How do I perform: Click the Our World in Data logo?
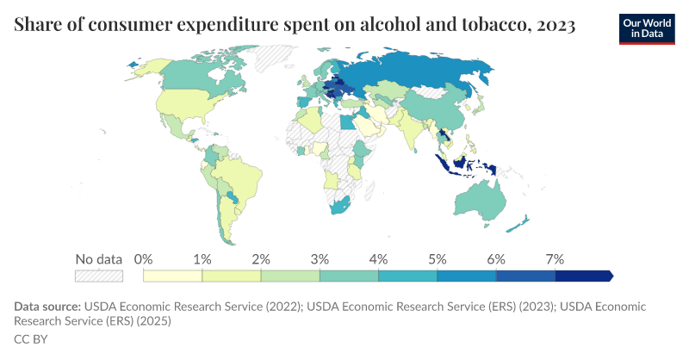tap(647, 29)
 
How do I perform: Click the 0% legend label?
tap(143, 259)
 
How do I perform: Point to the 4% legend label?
tap(378, 259)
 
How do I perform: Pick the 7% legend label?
tap(555, 259)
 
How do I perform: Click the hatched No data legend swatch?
tap(99, 276)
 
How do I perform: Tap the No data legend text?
tap(99, 259)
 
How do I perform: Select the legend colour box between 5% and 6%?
tap(467, 276)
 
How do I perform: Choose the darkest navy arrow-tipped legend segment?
tap(584, 276)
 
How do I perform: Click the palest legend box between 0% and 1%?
tap(173, 276)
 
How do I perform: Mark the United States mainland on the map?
tap(193, 104)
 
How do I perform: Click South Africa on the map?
tap(339, 206)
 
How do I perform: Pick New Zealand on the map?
tap(518, 225)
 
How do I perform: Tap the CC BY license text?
tap(31, 339)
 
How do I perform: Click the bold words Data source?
tap(47, 307)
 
